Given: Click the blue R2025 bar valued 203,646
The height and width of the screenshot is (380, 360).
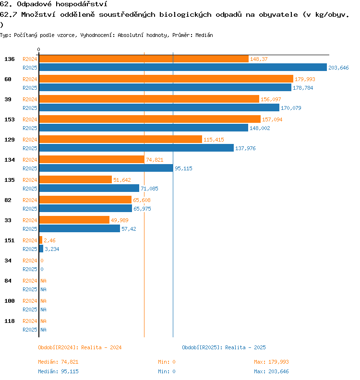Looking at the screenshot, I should coord(182,68).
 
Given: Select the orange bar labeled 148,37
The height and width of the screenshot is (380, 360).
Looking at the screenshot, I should coord(144,59).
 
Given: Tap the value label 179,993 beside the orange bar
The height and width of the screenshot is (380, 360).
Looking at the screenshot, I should coord(305,79).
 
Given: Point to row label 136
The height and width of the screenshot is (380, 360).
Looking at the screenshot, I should coord(10,59).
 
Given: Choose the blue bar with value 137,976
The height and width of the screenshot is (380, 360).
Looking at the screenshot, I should coord(136,148).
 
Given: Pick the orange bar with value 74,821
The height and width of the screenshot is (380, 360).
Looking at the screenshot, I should coord(91,160).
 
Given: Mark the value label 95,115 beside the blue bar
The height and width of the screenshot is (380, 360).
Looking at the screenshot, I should coord(183,168).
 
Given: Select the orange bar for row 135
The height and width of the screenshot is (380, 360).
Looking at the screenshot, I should coord(75,180).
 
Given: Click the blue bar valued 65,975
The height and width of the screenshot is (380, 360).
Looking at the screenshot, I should coord(85,209).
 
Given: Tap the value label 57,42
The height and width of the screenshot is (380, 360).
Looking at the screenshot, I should coord(129,229).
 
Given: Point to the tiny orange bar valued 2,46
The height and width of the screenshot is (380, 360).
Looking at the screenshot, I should coord(41,240).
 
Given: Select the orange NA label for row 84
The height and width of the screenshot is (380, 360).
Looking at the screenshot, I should coord(43,281).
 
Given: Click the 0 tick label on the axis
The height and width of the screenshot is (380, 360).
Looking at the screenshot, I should coord(39,50).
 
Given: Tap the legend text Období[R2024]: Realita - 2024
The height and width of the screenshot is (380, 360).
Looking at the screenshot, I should coord(80,347).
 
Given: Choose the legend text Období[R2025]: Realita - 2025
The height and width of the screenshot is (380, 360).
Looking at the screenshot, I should coord(224,347).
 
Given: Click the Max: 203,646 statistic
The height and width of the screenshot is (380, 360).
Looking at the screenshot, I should coord(271,371).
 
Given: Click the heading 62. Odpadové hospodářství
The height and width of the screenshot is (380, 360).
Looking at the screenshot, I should coord(53,4).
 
